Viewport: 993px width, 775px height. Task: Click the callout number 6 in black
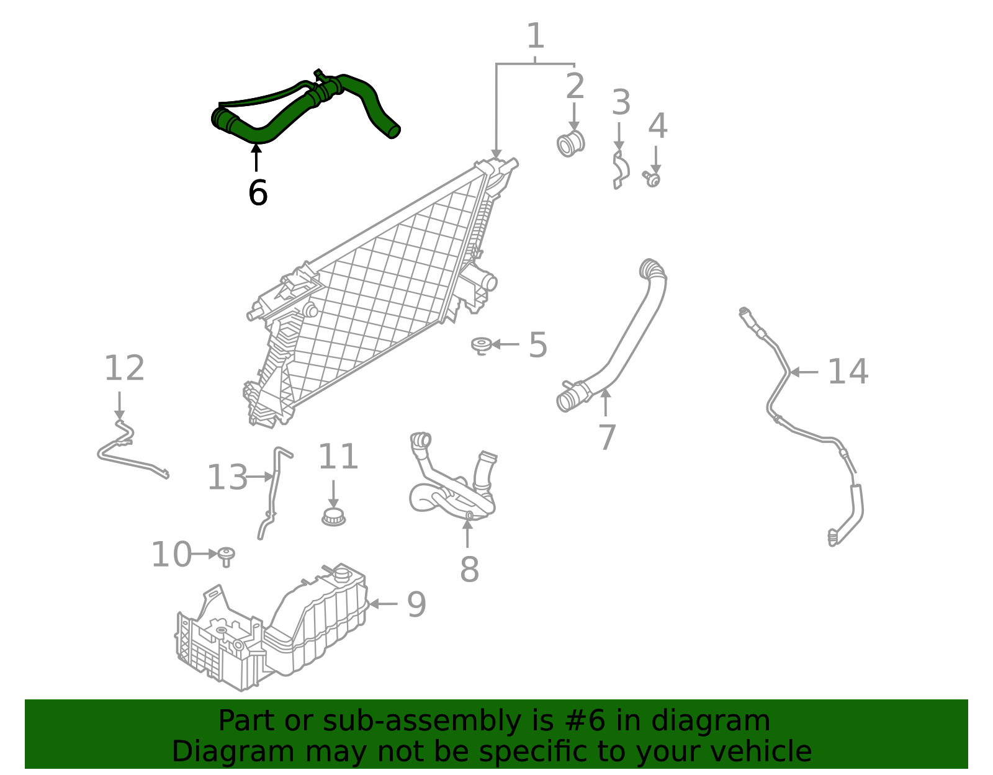click(258, 193)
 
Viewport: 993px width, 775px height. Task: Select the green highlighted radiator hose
click(292, 112)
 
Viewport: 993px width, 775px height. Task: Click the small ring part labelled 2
click(570, 145)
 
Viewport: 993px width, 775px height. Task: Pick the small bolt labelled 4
click(652, 179)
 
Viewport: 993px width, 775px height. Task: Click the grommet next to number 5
click(482, 345)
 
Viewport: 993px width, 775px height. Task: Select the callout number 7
click(607, 437)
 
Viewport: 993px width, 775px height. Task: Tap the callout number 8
click(469, 569)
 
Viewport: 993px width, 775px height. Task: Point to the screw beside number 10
click(227, 555)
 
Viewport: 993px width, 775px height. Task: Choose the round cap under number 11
click(334, 516)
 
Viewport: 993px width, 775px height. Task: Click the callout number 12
click(124, 369)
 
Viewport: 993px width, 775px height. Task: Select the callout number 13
click(227, 478)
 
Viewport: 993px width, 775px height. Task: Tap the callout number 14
click(848, 372)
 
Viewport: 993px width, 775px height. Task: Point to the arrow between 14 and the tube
click(804, 372)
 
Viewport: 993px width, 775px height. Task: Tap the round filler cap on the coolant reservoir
click(342, 572)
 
